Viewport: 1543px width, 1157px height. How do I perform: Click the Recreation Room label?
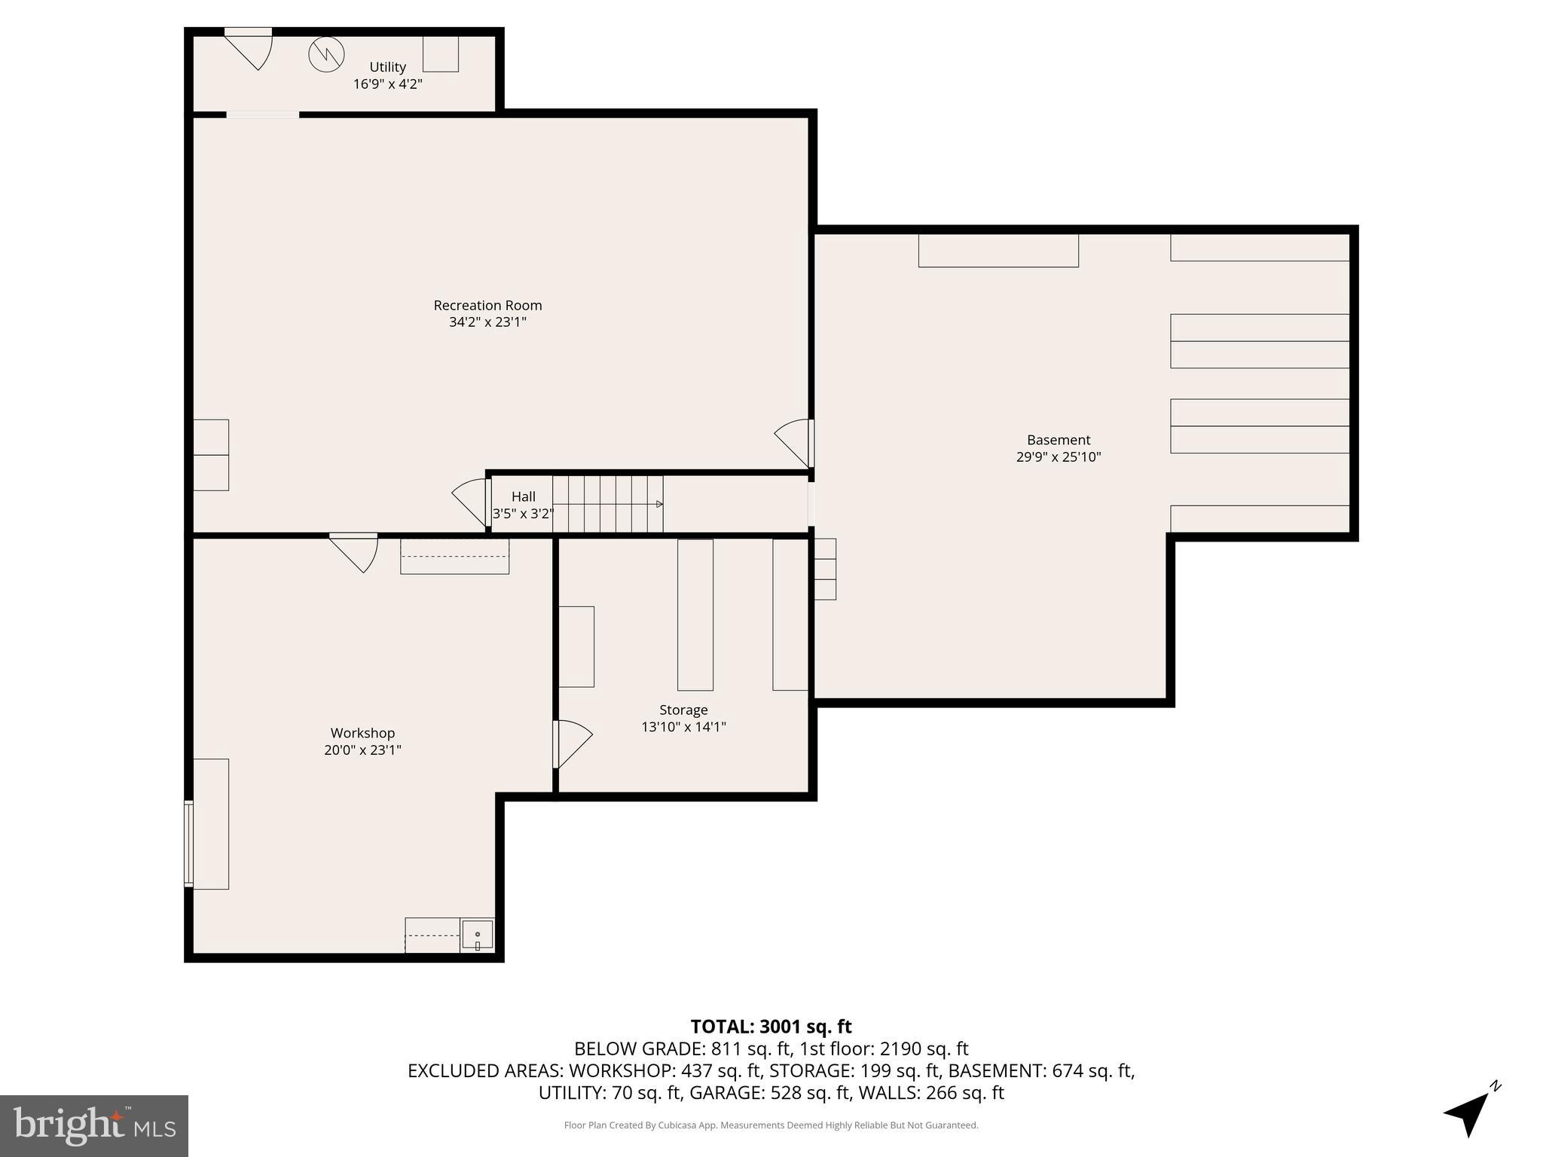click(487, 305)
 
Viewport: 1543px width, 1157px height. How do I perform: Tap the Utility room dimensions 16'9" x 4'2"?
click(387, 84)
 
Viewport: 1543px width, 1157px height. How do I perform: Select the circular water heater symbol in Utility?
click(326, 54)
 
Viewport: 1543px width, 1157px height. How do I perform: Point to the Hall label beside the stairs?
click(523, 496)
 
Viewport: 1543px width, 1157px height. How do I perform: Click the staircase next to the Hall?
click(607, 504)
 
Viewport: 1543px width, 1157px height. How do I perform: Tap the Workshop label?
click(362, 733)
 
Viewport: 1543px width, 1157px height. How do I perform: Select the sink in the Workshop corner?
click(478, 935)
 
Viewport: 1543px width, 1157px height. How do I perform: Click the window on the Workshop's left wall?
click(188, 844)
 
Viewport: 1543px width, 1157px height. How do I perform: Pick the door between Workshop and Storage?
click(571, 744)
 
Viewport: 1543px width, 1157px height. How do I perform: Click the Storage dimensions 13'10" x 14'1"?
click(683, 727)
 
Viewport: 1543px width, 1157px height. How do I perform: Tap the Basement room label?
click(1058, 440)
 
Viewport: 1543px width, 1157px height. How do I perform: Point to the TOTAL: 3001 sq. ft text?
click(771, 1027)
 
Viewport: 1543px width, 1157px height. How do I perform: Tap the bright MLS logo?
click(93, 1125)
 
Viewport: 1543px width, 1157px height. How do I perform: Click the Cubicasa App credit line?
click(771, 1125)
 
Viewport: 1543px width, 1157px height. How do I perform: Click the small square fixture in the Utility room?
click(440, 54)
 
